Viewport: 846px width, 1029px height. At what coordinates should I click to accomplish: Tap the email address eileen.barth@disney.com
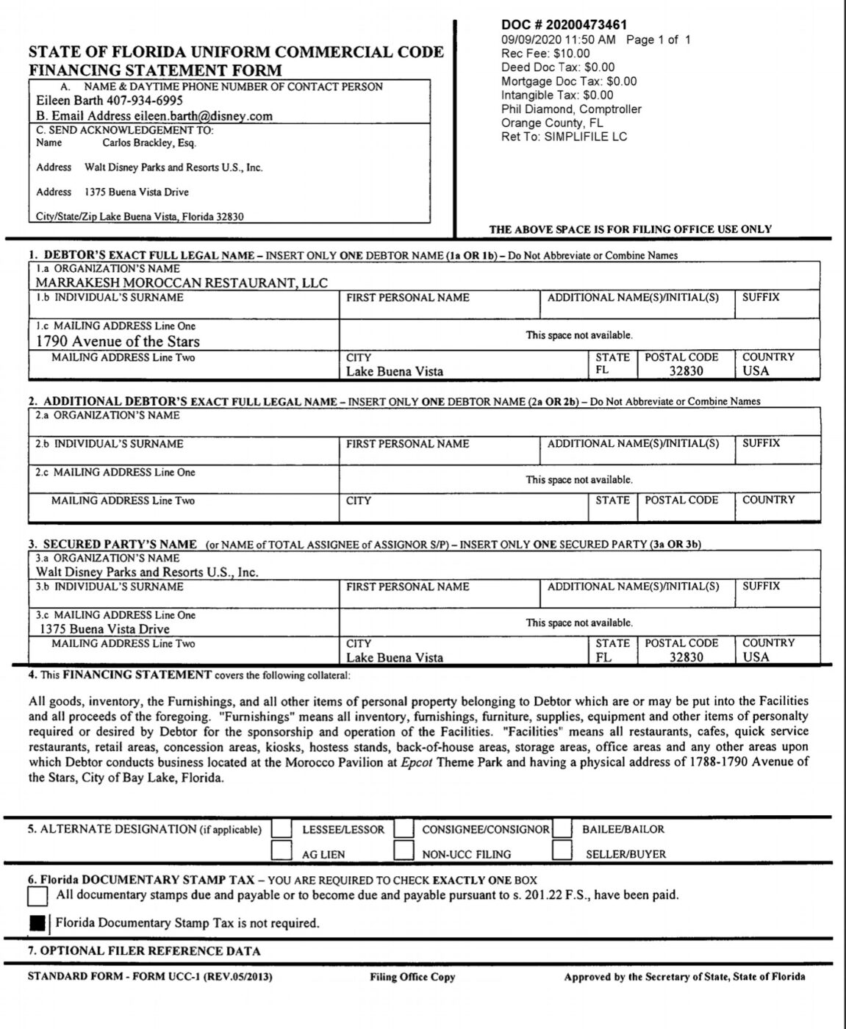pyautogui.click(x=203, y=116)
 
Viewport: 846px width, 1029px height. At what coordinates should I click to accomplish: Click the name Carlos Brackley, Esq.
pyautogui.click(x=149, y=143)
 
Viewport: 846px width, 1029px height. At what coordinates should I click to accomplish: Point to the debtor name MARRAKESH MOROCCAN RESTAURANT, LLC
pyautogui.click(x=182, y=283)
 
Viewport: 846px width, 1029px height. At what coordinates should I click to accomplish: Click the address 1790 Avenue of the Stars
pyautogui.click(x=118, y=341)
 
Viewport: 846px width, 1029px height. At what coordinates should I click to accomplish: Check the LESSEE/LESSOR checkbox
pyautogui.click(x=282, y=829)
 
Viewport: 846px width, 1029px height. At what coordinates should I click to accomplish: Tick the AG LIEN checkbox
pyautogui.click(x=282, y=851)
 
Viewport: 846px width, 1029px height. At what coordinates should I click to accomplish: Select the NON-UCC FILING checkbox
pyautogui.click(x=404, y=851)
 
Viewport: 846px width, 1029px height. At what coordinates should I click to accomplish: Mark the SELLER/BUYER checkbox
pyautogui.click(x=562, y=851)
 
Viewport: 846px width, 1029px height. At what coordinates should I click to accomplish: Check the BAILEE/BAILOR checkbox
pyautogui.click(x=562, y=828)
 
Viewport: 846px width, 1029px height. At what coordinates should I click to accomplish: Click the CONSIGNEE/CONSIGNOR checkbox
pyautogui.click(x=404, y=829)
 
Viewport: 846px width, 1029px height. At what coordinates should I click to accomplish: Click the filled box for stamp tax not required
pyautogui.click(x=37, y=923)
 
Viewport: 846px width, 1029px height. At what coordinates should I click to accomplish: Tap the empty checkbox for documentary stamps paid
pyautogui.click(x=37, y=896)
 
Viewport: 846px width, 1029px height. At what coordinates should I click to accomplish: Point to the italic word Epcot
pyautogui.click(x=417, y=762)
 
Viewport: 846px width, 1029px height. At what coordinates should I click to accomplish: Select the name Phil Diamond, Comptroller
pyautogui.click(x=571, y=109)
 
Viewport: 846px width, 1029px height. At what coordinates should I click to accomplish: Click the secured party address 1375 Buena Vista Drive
pyautogui.click(x=104, y=629)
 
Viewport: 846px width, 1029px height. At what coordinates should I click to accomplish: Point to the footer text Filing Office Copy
pyautogui.click(x=412, y=977)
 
